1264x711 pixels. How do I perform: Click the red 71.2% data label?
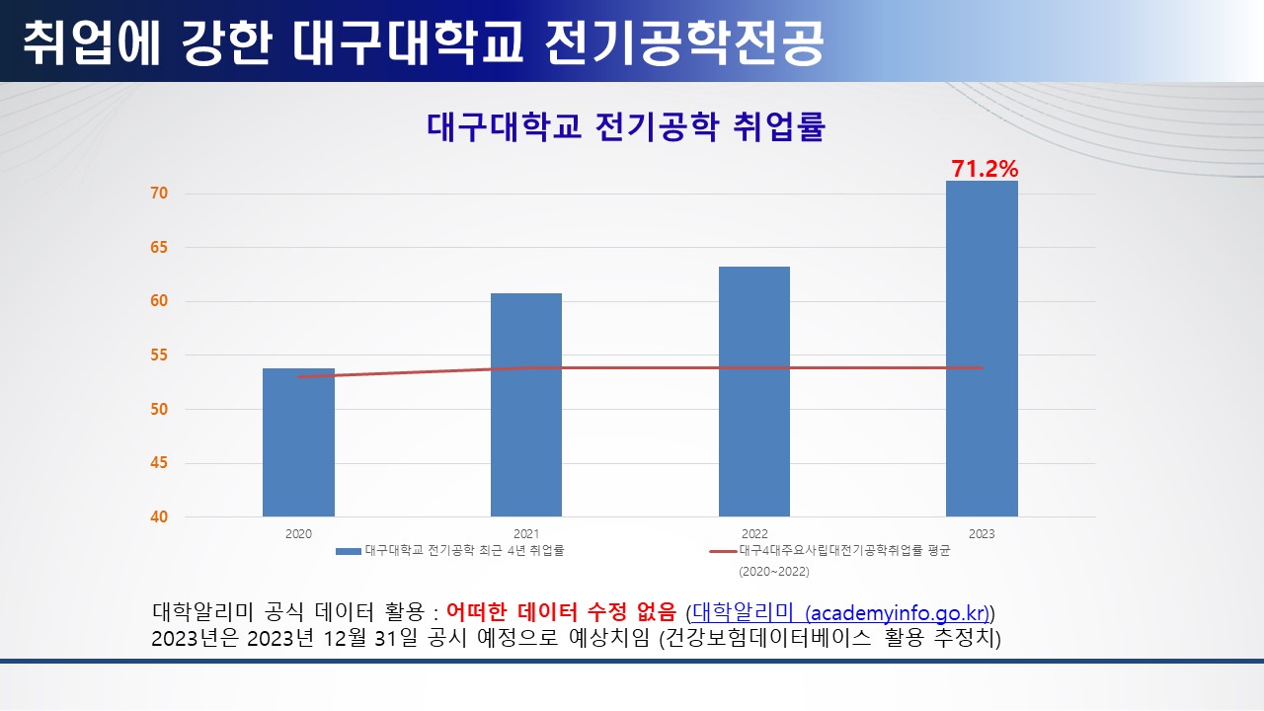(985, 169)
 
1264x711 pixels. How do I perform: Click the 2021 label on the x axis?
(526, 534)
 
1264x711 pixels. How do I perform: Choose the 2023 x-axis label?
(982, 534)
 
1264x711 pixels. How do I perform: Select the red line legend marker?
(723, 551)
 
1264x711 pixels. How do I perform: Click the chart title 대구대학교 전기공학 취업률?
(625, 128)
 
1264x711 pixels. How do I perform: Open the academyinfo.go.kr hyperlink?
(841, 611)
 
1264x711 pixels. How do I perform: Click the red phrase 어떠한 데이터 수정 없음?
(561, 611)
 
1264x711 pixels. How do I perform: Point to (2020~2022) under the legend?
(773, 571)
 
